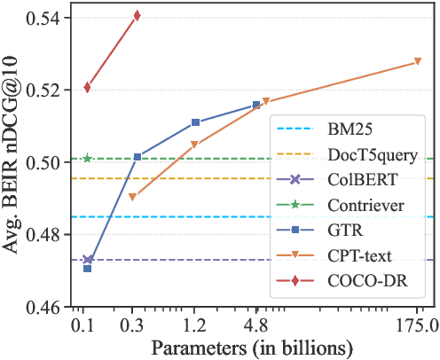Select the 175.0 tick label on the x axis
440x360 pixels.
point(417,325)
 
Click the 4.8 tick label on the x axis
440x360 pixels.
point(256,325)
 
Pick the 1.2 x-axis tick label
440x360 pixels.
point(195,325)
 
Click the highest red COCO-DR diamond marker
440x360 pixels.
point(137,16)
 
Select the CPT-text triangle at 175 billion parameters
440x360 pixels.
point(417,62)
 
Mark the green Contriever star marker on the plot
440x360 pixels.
point(87,159)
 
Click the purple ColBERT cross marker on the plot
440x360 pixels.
point(88,260)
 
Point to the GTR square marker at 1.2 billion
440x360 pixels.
point(195,122)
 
